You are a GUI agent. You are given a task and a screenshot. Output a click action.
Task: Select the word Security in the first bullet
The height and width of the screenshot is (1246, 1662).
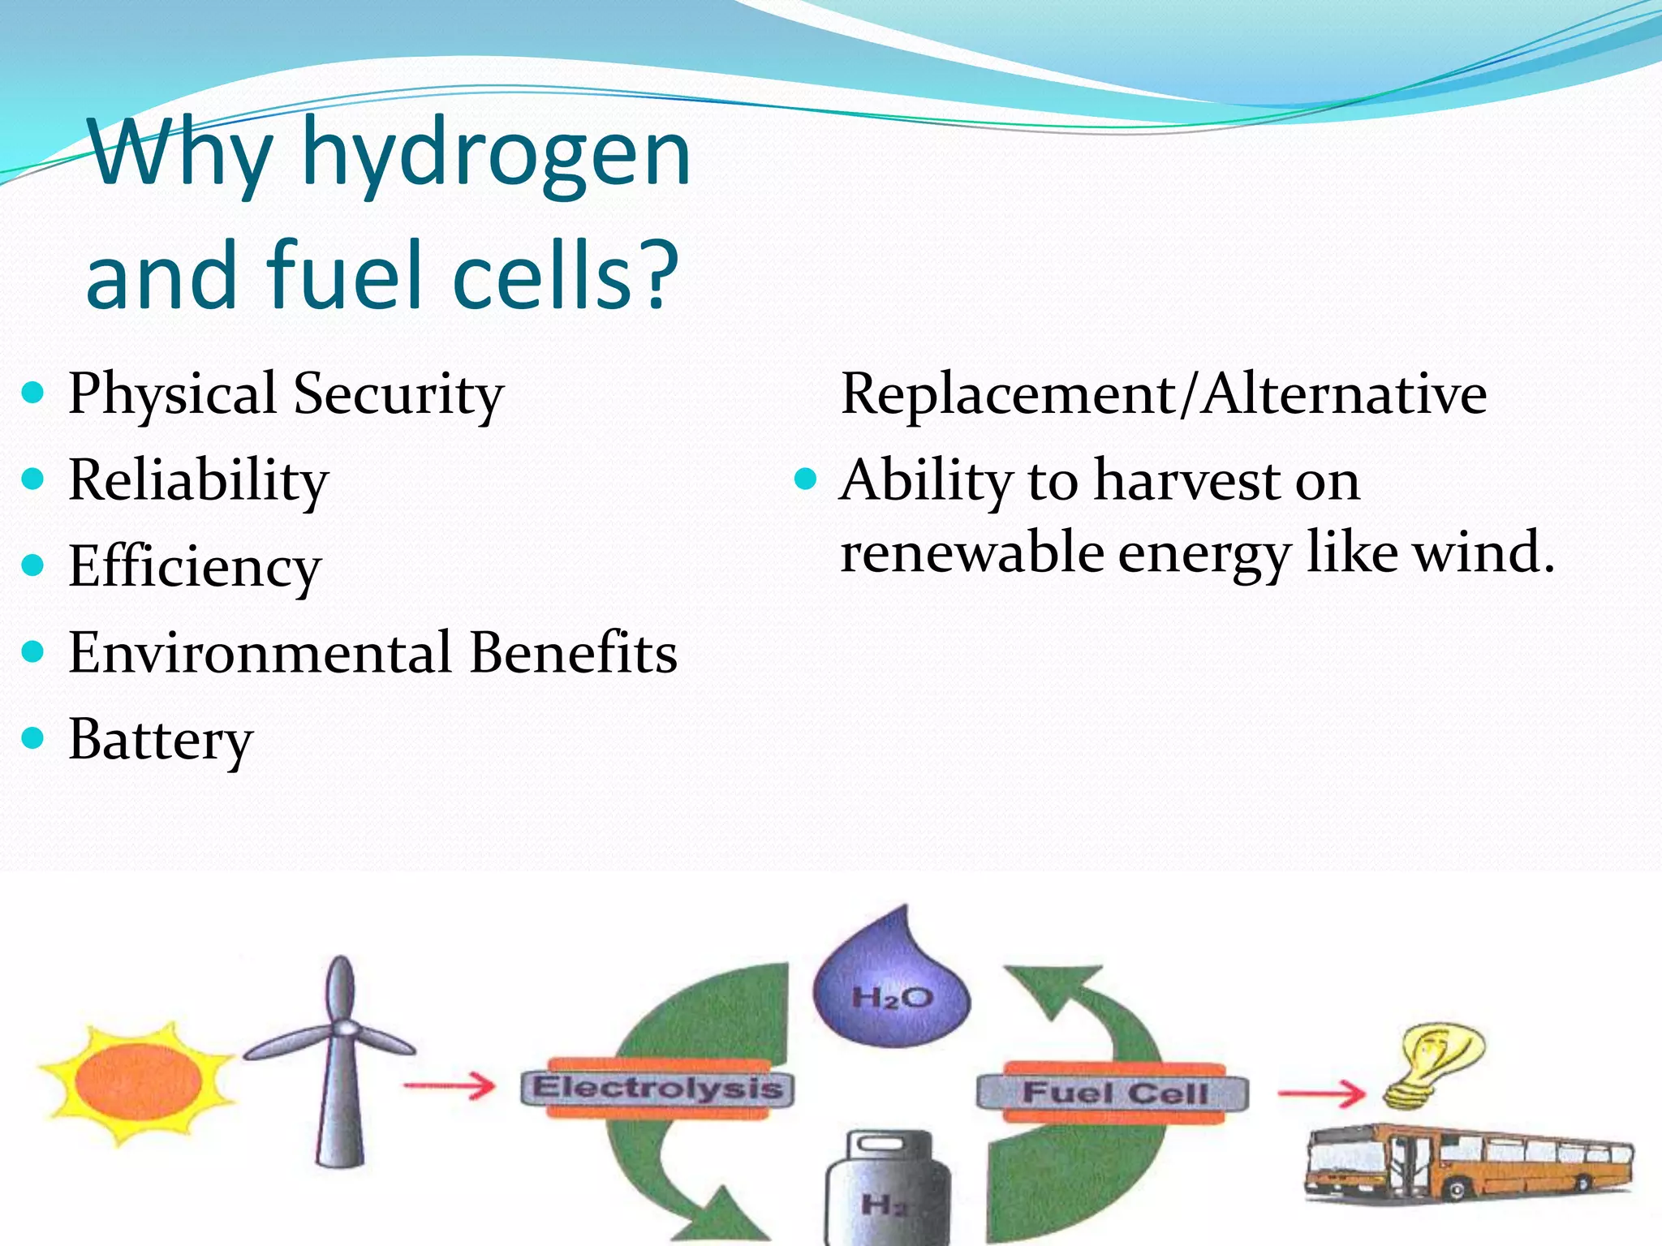point(398,394)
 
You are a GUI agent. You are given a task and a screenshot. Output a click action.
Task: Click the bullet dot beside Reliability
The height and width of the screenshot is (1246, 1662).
point(33,479)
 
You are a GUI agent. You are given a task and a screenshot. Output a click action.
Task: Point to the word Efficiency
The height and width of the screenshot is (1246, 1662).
point(195,566)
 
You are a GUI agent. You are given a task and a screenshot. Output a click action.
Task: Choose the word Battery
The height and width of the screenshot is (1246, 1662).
point(161,740)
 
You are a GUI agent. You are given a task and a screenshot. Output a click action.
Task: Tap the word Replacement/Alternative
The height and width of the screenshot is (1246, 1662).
point(1163,394)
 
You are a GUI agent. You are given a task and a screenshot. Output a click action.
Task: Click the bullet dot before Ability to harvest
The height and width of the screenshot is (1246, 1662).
point(805,479)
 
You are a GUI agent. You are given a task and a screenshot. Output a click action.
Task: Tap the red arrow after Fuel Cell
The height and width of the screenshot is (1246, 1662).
point(1323,1093)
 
